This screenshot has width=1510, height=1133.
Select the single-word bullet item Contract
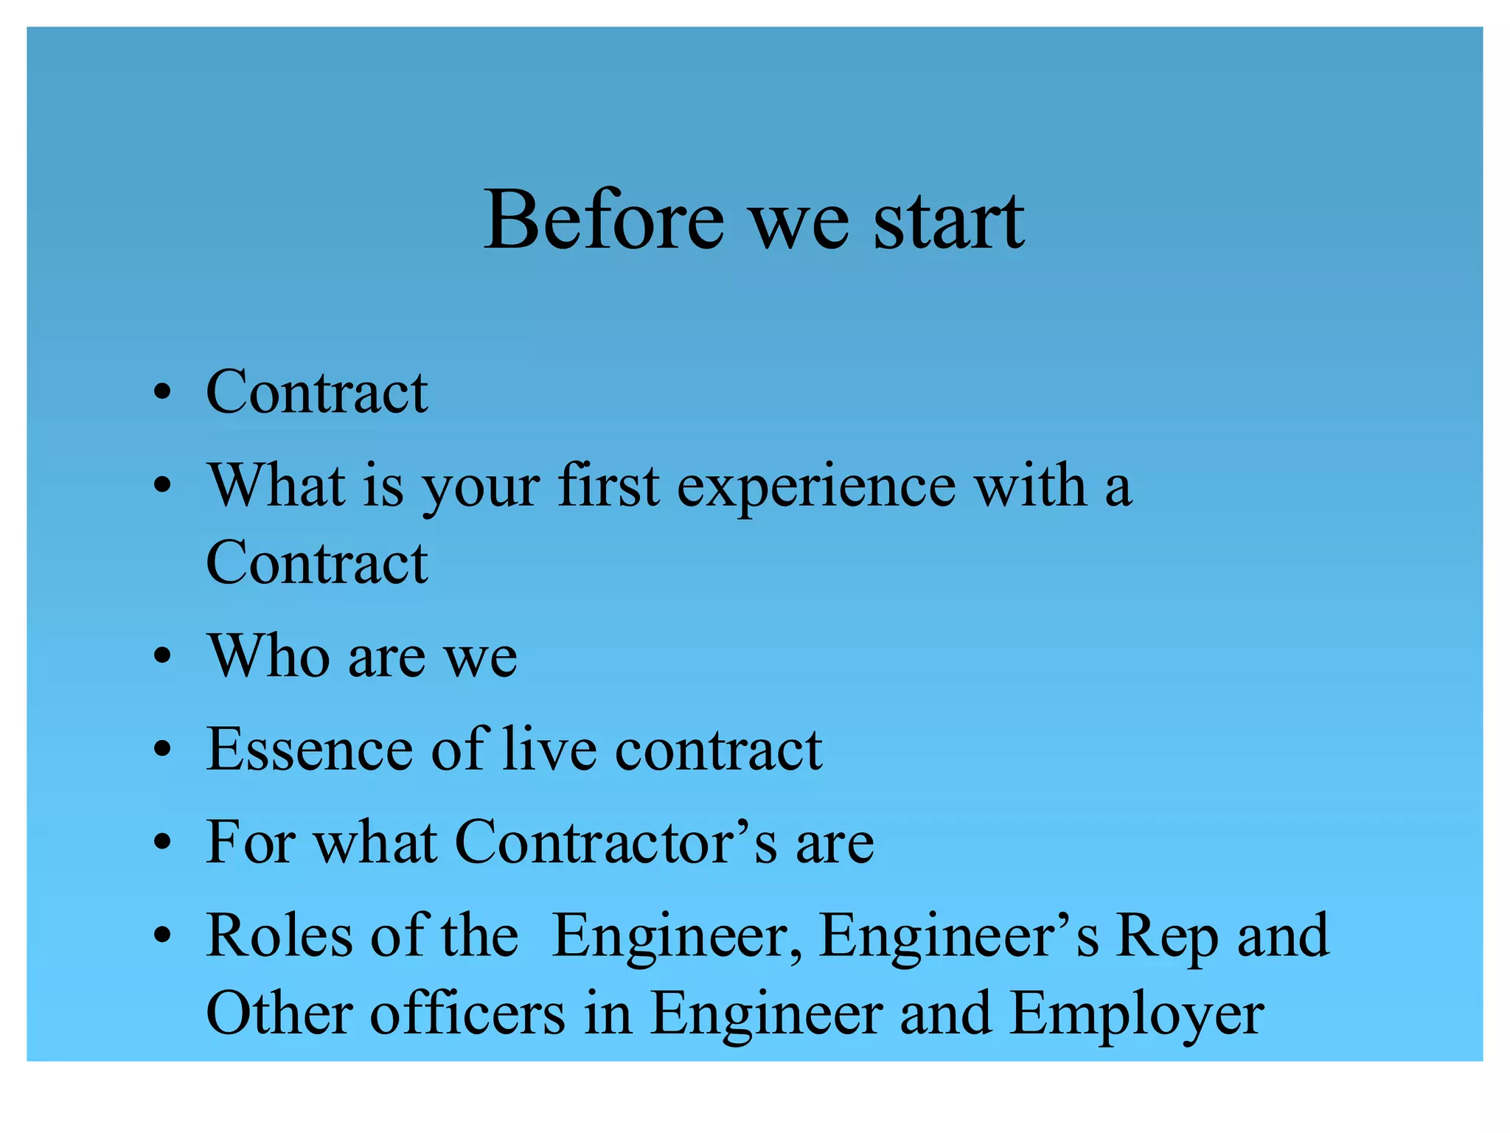click(x=316, y=391)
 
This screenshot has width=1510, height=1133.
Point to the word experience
click(x=815, y=487)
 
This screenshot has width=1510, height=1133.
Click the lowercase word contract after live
click(x=718, y=750)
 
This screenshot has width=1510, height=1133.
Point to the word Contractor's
click(x=616, y=842)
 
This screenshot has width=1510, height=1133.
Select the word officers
click(x=467, y=1014)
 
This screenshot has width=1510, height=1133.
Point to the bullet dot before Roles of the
click(x=163, y=936)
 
